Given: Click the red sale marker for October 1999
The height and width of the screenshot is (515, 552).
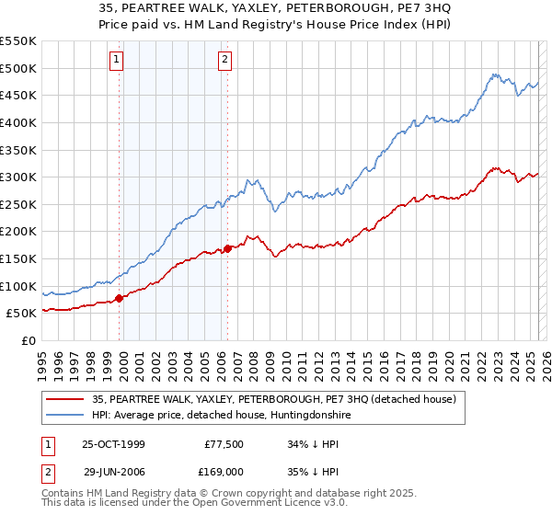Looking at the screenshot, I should [120, 298].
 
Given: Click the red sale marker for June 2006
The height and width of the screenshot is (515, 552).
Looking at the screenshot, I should [227, 247].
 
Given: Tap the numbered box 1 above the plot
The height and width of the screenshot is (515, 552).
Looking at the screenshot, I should [118, 61].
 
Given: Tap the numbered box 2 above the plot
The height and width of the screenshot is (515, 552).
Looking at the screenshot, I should [224, 61].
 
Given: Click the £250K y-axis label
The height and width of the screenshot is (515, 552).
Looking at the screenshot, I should [19, 204].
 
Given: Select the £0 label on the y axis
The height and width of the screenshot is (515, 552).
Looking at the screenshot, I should [29, 340].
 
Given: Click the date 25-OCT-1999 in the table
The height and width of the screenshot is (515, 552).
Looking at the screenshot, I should [114, 443].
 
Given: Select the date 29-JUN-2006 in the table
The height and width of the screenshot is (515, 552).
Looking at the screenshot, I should [114, 471].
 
